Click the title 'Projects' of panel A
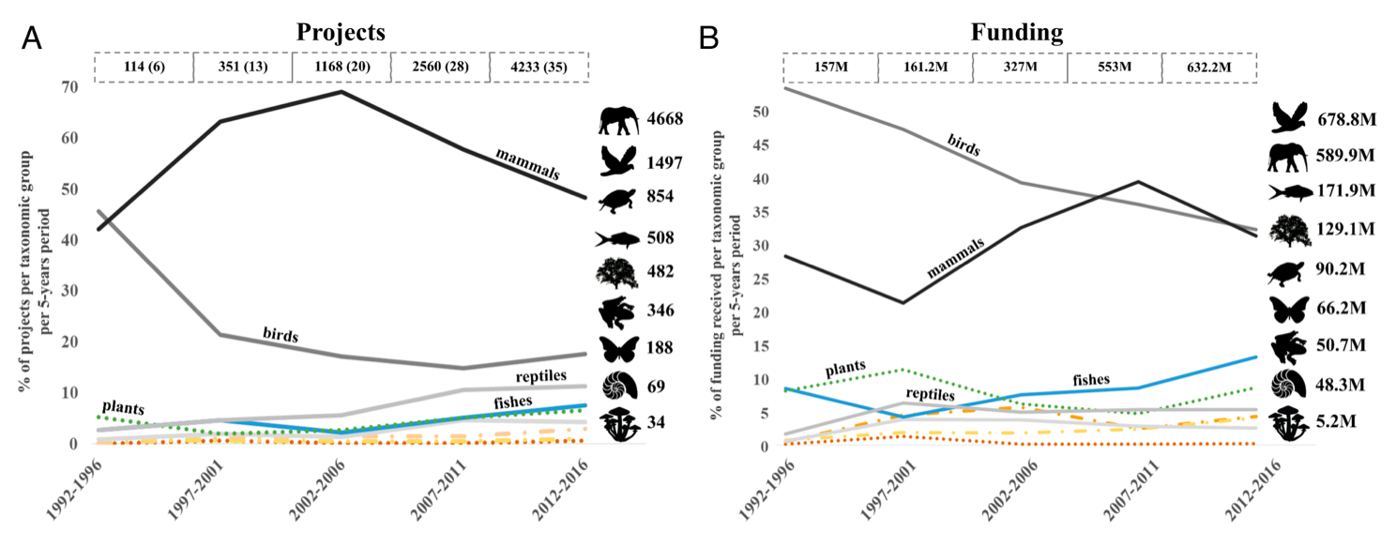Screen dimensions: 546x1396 341,31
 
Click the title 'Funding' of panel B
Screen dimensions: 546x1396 1017,33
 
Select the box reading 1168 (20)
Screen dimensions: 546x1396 341,68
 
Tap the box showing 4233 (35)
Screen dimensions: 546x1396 539,68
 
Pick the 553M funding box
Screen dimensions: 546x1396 1114,68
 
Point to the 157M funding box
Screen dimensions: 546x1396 830,68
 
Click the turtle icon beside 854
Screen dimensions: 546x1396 618,198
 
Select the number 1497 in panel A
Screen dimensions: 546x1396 664,162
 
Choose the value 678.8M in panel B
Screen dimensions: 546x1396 1350,116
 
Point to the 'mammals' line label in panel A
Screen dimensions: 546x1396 527,161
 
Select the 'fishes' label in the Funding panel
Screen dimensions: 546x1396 1090,380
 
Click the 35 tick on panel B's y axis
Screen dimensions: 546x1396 759,179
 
